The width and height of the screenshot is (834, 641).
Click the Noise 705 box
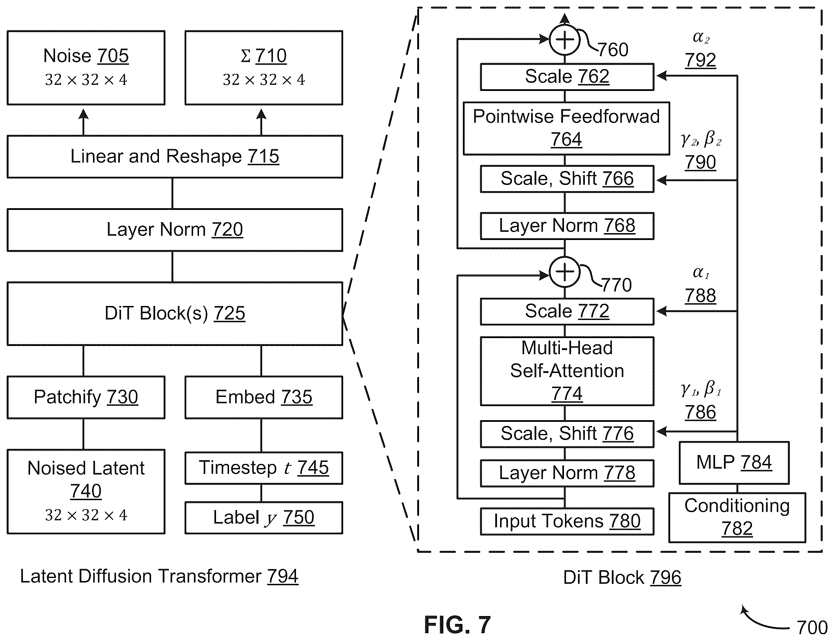(x=86, y=68)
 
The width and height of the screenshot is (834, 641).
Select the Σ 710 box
(x=264, y=68)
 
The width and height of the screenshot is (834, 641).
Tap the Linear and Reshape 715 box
(x=175, y=157)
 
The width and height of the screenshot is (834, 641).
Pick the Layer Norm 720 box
(x=175, y=230)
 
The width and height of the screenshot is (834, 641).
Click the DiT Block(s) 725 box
(x=175, y=313)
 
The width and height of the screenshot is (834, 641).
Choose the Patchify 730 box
(x=86, y=397)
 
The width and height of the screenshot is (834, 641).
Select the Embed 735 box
(x=264, y=397)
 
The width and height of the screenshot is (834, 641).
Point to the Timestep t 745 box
(x=264, y=468)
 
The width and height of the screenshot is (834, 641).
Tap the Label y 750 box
(x=264, y=517)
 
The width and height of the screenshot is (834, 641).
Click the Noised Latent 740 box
(x=86, y=492)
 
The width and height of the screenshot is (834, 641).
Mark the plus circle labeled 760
(x=564, y=39)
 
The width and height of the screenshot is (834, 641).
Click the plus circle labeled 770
(x=564, y=272)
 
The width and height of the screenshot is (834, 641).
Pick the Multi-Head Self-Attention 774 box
(x=567, y=371)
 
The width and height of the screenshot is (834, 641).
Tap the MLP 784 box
(x=734, y=463)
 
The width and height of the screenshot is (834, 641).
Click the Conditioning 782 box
(x=737, y=517)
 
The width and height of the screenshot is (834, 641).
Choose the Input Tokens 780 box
(x=567, y=521)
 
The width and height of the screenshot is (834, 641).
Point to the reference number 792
(x=700, y=60)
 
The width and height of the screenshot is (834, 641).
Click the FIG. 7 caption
(x=457, y=625)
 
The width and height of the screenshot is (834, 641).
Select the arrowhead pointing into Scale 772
(x=661, y=311)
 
